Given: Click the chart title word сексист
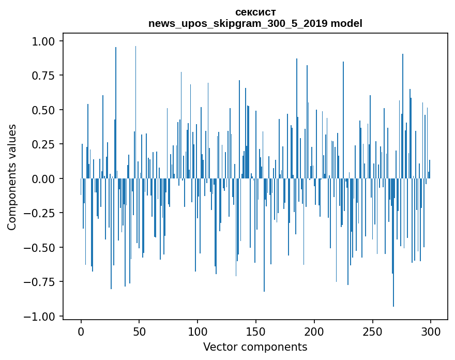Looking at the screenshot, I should point(255,12).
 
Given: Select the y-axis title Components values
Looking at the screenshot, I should point(12,176).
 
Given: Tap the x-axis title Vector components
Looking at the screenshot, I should point(255,347).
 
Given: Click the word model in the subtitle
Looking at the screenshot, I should point(347,23).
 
